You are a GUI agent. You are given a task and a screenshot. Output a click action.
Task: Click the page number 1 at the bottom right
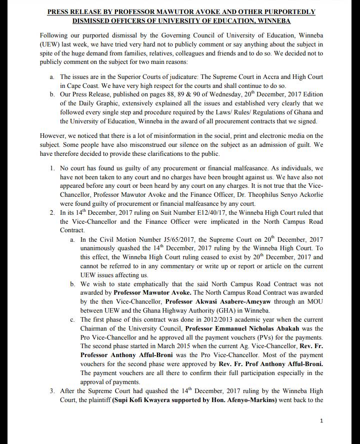[321, 421]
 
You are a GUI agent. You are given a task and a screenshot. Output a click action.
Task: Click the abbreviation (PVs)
[260, 338]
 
